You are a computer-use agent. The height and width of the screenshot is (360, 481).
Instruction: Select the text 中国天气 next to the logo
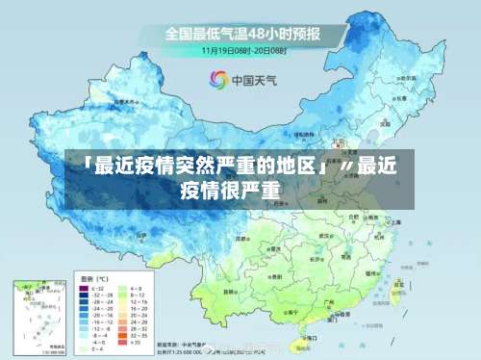click(x=253, y=80)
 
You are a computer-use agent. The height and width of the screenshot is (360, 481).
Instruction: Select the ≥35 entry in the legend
click(x=136, y=342)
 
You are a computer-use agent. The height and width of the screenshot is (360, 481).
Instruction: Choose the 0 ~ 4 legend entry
click(x=92, y=349)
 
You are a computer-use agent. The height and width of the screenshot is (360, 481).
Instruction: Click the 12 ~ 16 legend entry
click(x=136, y=303)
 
